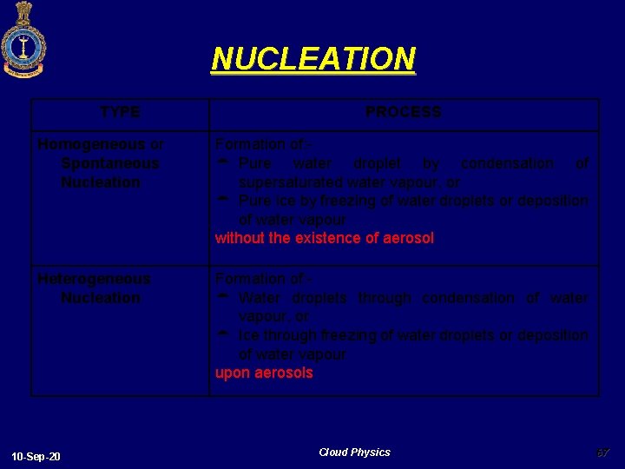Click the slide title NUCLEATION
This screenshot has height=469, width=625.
tap(313, 59)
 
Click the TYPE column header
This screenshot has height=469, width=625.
tap(120, 112)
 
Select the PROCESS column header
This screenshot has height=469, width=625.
tap(403, 112)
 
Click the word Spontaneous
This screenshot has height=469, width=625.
tap(110, 163)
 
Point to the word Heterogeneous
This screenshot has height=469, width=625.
tap(94, 279)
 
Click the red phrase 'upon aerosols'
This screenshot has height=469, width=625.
tap(264, 373)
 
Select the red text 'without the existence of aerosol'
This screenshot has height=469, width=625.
tap(324, 238)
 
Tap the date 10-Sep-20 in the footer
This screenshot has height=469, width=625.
tap(36, 457)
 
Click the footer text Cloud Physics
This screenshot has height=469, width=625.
tap(354, 452)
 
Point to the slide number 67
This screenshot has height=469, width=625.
tap(603, 452)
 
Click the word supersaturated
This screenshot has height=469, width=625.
tap(290, 182)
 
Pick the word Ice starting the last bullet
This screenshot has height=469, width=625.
tap(248, 335)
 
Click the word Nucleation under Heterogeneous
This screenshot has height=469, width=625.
tap(101, 298)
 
